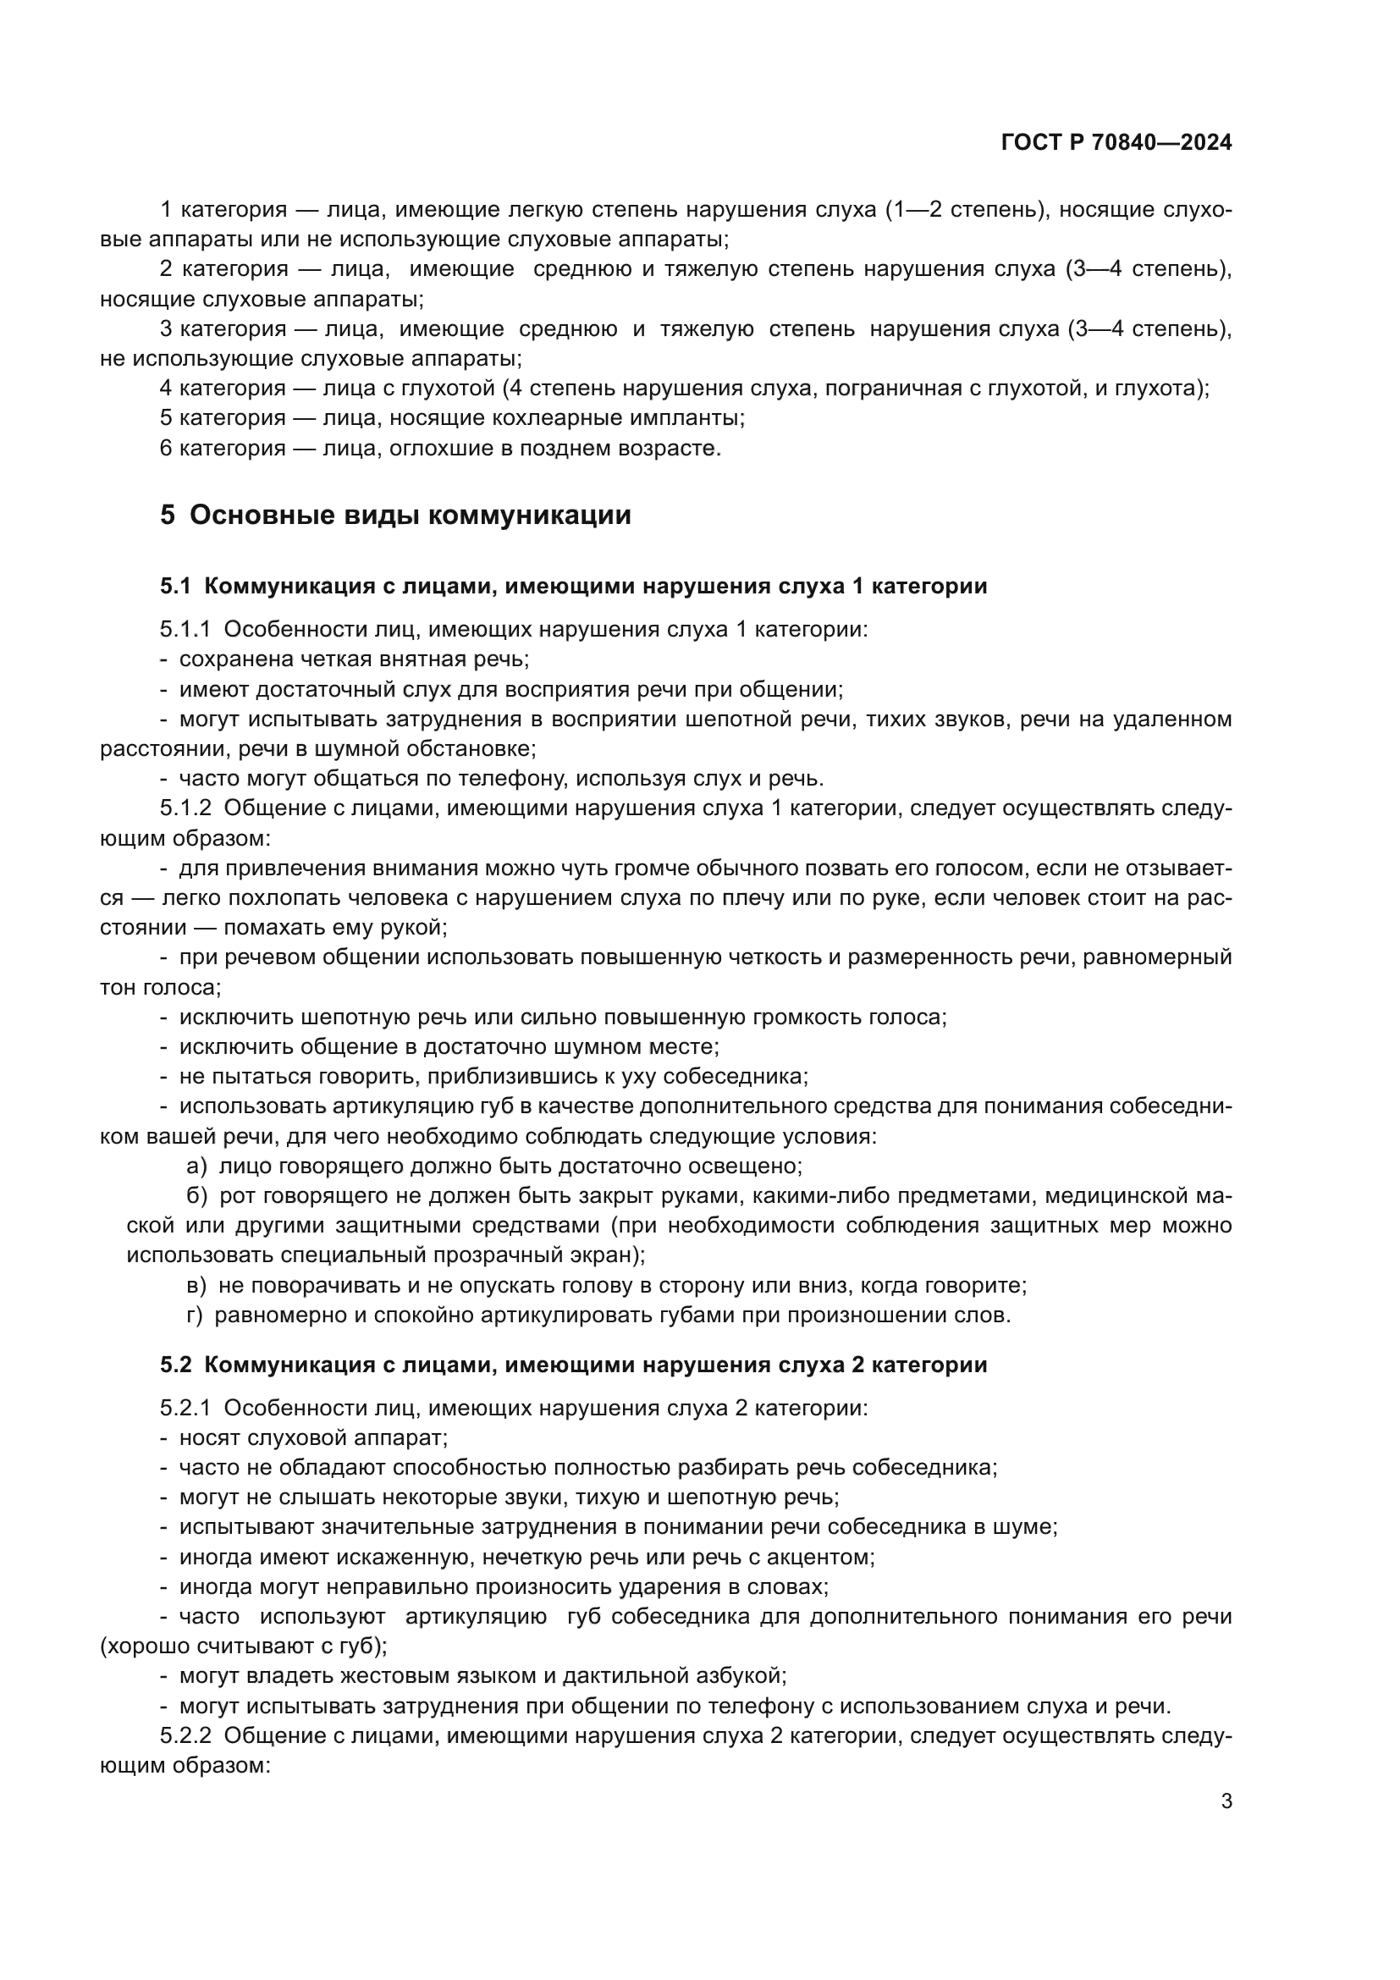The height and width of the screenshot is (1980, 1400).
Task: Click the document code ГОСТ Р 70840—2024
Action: coord(1116,143)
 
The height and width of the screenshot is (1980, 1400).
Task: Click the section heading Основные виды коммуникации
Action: coord(411,515)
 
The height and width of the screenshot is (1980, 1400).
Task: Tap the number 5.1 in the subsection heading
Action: coord(175,587)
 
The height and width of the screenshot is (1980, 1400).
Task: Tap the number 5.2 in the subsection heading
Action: coord(175,1365)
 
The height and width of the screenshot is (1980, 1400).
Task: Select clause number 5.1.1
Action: coord(185,630)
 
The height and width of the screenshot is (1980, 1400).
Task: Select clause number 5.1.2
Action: coord(185,808)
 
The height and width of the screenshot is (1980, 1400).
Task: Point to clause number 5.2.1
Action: coord(185,1409)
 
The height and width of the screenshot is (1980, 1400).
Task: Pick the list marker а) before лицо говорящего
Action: coord(196,1166)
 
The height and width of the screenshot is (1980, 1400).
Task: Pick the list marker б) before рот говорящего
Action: coord(196,1196)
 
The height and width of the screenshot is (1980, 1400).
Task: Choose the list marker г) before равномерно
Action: coord(195,1315)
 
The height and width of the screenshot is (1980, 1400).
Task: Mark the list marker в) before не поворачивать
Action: coord(196,1286)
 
